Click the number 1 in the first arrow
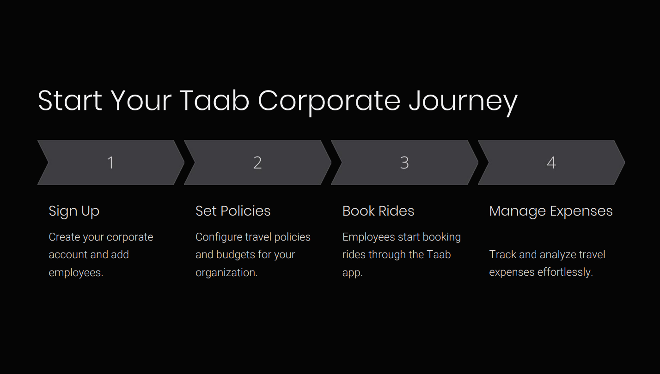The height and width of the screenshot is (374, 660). click(111, 163)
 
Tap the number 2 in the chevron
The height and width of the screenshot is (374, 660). click(257, 163)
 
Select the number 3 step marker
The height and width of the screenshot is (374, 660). click(404, 163)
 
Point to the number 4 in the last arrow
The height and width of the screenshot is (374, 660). click(551, 163)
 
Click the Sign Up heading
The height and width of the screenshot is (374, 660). click(74, 211)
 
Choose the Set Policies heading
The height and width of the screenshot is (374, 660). click(233, 211)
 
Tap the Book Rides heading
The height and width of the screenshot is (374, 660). click(378, 211)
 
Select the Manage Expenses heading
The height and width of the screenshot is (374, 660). click(550, 211)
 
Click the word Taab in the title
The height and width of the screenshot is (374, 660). click(214, 100)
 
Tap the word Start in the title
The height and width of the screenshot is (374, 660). click(70, 100)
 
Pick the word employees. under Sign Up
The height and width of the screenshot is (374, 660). click(76, 272)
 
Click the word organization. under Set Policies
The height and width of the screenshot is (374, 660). click(226, 272)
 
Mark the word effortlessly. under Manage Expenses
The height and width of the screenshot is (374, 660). click(565, 272)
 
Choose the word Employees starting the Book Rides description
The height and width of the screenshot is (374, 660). click(369, 237)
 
